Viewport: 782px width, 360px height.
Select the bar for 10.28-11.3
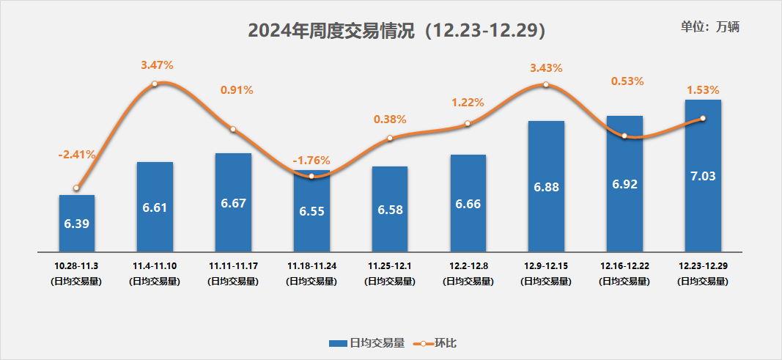(77, 223)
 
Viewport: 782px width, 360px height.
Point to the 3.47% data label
(157, 65)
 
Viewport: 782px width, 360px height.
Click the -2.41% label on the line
(77, 155)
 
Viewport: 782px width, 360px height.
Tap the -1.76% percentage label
(311, 160)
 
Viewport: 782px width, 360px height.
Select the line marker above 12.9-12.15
(546, 85)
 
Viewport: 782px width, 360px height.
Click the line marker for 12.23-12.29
(703, 119)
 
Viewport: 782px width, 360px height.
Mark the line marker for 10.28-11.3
(77, 188)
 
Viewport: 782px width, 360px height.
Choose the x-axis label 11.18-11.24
(311, 265)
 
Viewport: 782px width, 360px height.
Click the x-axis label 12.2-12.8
(468, 265)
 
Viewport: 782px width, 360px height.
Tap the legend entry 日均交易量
(366, 343)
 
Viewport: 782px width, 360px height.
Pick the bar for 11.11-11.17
(233, 202)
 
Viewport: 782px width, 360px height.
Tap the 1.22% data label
(468, 103)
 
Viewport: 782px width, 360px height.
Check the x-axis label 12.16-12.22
(624, 265)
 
